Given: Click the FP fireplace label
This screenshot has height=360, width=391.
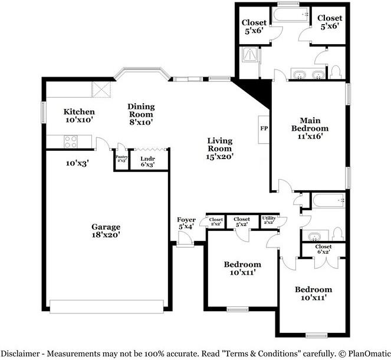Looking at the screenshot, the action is (x=264, y=128).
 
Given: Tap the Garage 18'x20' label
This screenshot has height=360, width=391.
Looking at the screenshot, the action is (x=106, y=231).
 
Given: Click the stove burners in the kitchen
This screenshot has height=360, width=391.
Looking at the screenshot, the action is (x=71, y=141).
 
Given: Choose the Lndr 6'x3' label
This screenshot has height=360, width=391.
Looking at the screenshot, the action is (x=147, y=161).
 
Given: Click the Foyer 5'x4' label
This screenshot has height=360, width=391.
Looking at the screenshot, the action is (x=186, y=223).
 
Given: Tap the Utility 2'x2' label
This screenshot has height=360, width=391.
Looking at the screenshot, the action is (x=269, y=220).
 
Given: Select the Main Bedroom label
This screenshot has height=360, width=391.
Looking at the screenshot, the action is (x=310, y=128).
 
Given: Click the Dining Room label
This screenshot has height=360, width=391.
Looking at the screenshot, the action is (x=141, y=114).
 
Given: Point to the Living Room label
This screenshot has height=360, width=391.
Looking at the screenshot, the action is (x=220, y=148).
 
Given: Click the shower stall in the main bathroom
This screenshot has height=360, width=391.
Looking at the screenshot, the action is (x=250, y=53).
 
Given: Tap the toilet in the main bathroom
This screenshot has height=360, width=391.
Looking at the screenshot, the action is (x=336, y=72).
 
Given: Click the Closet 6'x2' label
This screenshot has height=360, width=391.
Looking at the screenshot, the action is (x=323, y=249).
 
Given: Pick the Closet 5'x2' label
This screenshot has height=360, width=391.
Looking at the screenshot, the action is (x=242, y=222).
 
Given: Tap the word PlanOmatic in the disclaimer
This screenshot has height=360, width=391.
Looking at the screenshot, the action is (x=369, y=354).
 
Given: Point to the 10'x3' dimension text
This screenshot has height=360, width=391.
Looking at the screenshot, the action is (x=78, y=163).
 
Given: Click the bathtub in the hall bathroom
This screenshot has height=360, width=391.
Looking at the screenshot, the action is (x=329, y=200).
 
